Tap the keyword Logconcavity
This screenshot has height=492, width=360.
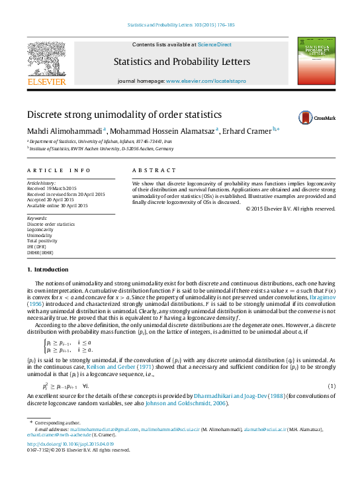coord(42,230)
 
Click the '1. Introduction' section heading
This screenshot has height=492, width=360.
coord(47,270)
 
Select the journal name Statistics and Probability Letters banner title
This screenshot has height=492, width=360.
coord(182,62)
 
